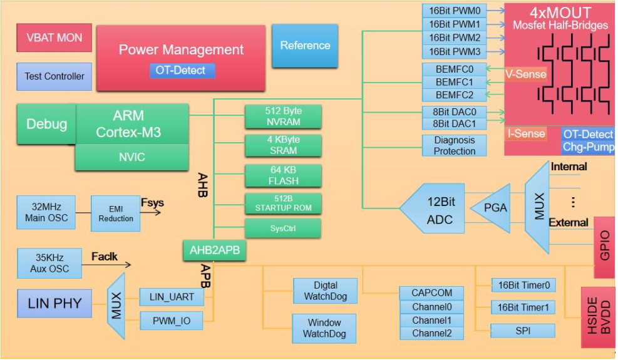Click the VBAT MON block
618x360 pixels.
(54, 38)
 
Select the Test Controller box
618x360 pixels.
(54, 76)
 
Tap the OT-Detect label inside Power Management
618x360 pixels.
(182, 71)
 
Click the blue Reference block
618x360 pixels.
(305, 46)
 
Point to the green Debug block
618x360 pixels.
(46, 124)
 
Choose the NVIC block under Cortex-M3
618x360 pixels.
(131, 157)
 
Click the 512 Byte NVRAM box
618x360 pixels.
(283, 117)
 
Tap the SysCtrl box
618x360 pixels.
(283, 229)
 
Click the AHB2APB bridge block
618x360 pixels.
(214, 251)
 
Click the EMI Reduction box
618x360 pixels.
(116, 213)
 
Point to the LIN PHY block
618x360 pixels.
(54, 304)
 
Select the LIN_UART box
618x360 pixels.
(176, 297)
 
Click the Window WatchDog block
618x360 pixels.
(324, 329)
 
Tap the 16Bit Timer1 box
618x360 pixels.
(523, 307)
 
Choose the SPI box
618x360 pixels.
(523, 331)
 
